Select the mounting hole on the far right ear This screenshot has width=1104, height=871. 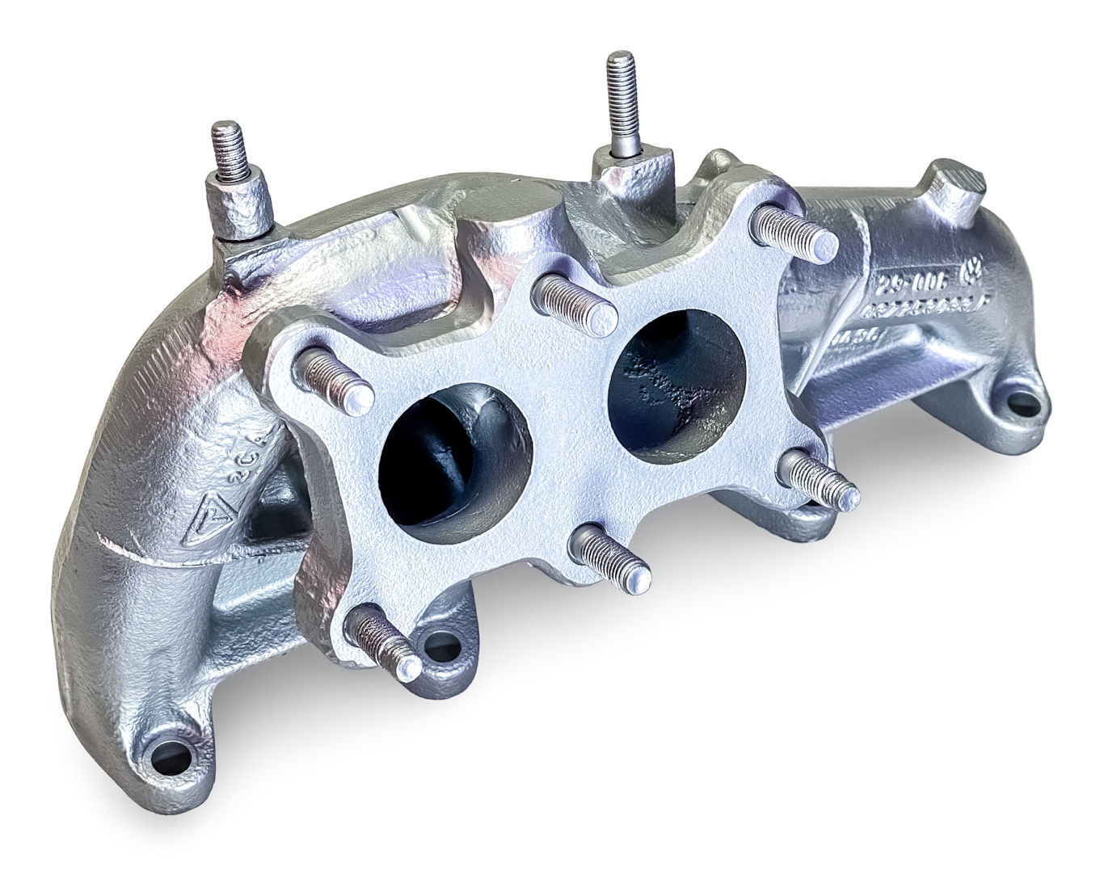pos(1016,402)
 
